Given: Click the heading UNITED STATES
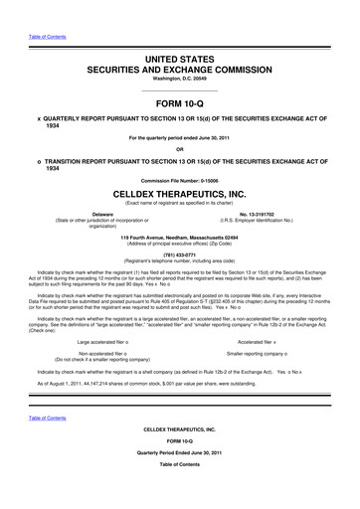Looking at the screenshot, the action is coord(180,62).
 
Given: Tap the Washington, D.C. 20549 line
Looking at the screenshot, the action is coord(180,83).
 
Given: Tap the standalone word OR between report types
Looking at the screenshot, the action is coord(180,149).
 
